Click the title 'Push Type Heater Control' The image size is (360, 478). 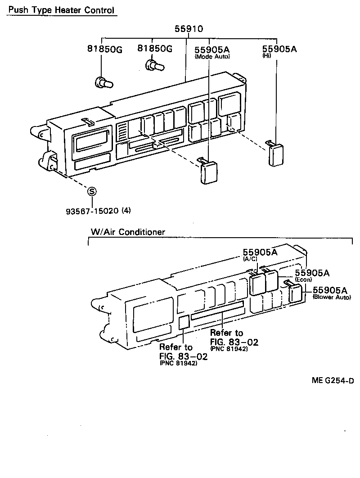coord(62,9)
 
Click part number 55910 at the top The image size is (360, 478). coord(189,29)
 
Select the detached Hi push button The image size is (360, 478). coord(275,154)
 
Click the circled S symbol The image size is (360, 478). coord(92,191)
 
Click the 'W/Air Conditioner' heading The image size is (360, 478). coord(127,232)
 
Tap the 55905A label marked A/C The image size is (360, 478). coord(260,253)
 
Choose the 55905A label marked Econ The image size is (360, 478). coord(312,273)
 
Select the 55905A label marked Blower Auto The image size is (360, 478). coord(331,290)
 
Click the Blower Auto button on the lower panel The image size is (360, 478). coord(296,293)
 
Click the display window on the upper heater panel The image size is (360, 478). coord(94,142)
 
